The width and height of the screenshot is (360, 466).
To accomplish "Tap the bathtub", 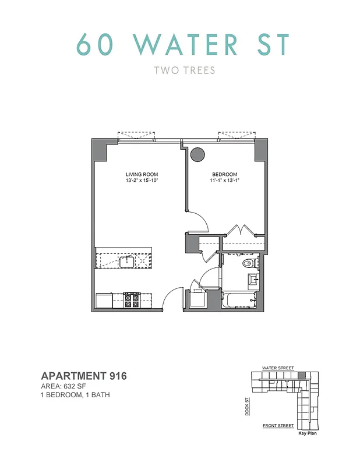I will point(238,301).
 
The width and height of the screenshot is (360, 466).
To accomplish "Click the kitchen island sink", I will point(126,262).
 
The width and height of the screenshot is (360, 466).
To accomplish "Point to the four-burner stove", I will point(132,301).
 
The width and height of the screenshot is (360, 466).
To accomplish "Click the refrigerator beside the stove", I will point(104,301).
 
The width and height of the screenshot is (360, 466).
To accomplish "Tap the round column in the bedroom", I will point(198,154).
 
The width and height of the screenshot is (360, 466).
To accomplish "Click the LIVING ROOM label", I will point(142,175).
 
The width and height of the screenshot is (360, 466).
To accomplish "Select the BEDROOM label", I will point(225,175).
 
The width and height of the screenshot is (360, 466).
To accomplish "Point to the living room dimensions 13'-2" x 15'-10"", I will point(142,181).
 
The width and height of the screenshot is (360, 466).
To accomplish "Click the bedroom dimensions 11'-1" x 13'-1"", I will point(225,181).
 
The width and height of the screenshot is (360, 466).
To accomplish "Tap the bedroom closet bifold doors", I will point(239,230).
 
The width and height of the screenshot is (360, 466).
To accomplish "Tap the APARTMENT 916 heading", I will point(83,376).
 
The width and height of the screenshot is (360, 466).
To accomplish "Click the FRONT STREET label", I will point(278,426).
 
